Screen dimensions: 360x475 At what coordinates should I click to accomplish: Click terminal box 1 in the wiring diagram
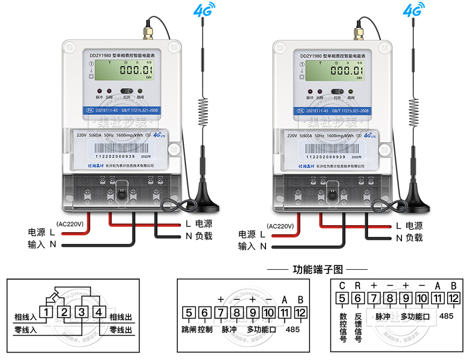(48, 312)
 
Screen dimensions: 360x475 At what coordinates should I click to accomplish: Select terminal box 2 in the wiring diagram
(64, 312)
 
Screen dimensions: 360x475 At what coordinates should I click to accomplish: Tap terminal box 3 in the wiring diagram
(82, 312)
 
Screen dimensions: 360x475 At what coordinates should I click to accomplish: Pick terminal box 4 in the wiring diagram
(98, 312)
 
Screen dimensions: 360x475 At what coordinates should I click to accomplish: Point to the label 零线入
(25, 329)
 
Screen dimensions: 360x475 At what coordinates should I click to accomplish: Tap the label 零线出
(120, 329)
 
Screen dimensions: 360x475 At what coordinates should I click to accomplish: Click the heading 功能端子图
(318, 269)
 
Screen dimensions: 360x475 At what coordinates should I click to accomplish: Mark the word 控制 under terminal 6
(205, 329)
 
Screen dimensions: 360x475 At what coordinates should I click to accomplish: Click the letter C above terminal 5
(342, 285)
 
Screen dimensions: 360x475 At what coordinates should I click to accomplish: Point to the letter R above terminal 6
(357, 285)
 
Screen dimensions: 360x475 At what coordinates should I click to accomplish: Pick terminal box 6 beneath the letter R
(358, 299)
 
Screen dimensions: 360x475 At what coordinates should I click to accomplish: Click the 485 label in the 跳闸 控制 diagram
(293, 329)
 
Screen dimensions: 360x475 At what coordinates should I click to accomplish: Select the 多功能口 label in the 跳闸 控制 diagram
(261, 329)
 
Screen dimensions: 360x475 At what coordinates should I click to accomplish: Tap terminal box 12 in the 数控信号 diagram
(454, 299)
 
